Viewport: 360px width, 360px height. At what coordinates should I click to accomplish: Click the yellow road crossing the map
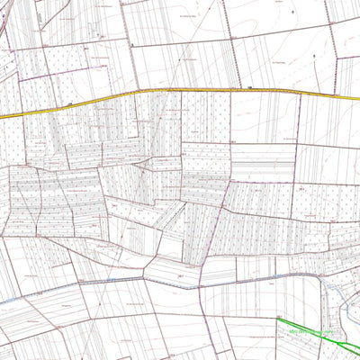[180, 91]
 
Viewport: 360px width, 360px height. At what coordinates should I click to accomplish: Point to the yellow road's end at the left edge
[2, 117]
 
